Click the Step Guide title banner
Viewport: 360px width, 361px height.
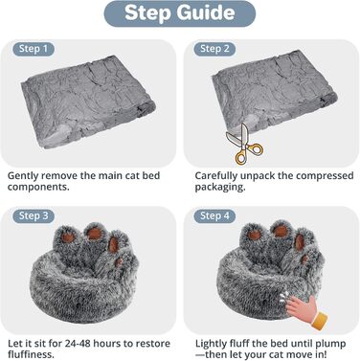(180, 13)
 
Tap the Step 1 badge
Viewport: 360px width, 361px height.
(34, 49)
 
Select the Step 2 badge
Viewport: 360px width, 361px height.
(214, 49)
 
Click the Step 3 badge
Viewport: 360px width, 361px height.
(34, 216)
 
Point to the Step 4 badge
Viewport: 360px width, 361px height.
(214, 216)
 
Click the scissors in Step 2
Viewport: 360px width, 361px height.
(244, 146)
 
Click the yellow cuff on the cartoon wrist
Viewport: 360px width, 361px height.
(318, 321)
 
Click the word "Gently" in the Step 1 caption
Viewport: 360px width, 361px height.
(23, 176)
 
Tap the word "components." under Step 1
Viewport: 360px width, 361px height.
(38, 187)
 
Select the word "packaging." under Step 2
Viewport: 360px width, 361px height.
(220, 187)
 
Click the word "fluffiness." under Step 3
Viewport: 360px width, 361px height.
(31, 354)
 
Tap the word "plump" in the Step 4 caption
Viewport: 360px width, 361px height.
(330, 345)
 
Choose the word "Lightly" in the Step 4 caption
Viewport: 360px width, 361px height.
(211, 344)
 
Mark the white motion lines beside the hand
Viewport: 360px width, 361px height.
(283, 297)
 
